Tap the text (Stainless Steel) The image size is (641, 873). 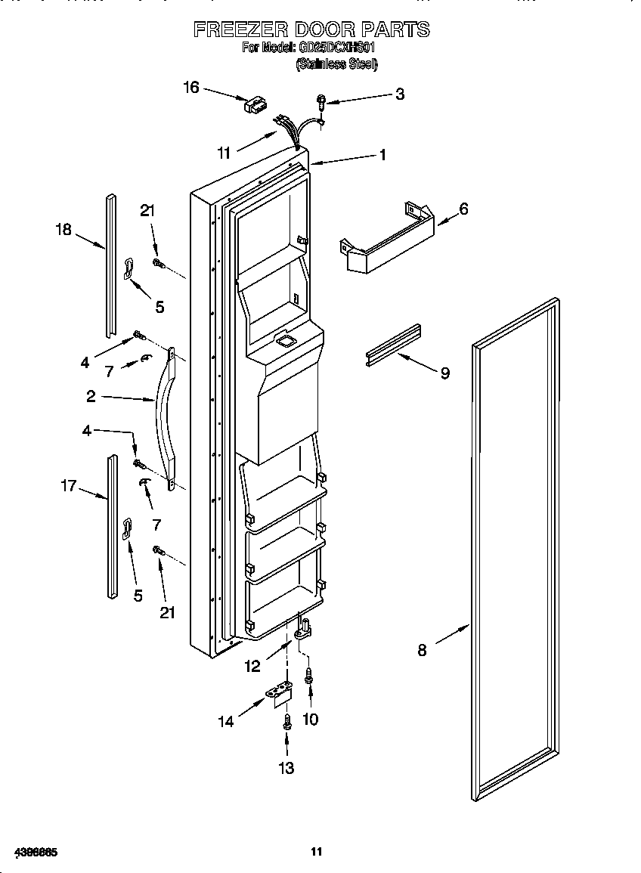tap(336, 64)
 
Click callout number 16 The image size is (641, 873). tap(191, 88)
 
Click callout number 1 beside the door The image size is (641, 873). tap(382, 154)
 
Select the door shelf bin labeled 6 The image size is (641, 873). tap(386, 240)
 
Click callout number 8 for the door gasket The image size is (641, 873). tap(422, 649)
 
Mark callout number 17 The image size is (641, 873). tap(69, 486)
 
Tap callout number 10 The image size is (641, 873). tap(310, 719)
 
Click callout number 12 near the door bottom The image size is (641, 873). tap(252, 666)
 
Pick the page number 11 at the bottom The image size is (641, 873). tap(317, 852)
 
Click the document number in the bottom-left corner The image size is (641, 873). tap(36, 852)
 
